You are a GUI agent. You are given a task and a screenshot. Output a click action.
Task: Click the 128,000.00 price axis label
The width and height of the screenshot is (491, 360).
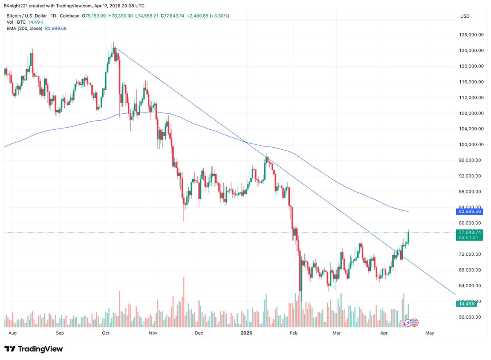tap(472, 35)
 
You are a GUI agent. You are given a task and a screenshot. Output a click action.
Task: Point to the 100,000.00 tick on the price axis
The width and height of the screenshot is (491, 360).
tap(472, 144)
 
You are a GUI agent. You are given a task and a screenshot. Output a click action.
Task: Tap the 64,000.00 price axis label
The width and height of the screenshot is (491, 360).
tap(472, 286)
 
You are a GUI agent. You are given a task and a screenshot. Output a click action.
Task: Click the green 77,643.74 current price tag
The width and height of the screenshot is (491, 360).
tap(470, 232)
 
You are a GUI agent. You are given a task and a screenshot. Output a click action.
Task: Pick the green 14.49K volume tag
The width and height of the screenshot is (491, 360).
tap(466, 304)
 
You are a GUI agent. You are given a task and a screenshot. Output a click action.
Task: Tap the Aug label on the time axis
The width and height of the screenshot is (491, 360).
tap(13, 333)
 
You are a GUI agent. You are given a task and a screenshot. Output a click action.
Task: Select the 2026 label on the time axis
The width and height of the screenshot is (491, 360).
tap(246, 333)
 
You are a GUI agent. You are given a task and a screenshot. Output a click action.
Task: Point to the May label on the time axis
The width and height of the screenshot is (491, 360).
tap(430, 333)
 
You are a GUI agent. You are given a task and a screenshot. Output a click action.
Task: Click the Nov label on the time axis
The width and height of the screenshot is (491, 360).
tap(153, 333)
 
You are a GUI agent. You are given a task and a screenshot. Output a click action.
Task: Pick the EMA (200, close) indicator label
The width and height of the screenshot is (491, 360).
tap(25, 28)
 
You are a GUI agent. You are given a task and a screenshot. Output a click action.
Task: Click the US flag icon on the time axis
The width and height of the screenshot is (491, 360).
tap(414, 322)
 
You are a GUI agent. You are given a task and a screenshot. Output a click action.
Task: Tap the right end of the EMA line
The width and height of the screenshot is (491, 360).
tap(408, 211)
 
